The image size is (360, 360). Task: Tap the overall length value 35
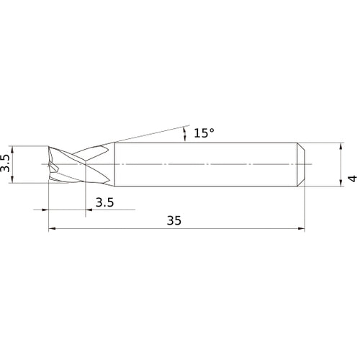point(173,221)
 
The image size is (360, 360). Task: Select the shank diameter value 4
point(351,177)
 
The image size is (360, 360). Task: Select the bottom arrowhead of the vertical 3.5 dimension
point(16,181)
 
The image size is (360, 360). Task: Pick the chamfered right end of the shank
point(303,166)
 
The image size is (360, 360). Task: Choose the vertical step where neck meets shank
point(112,166)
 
